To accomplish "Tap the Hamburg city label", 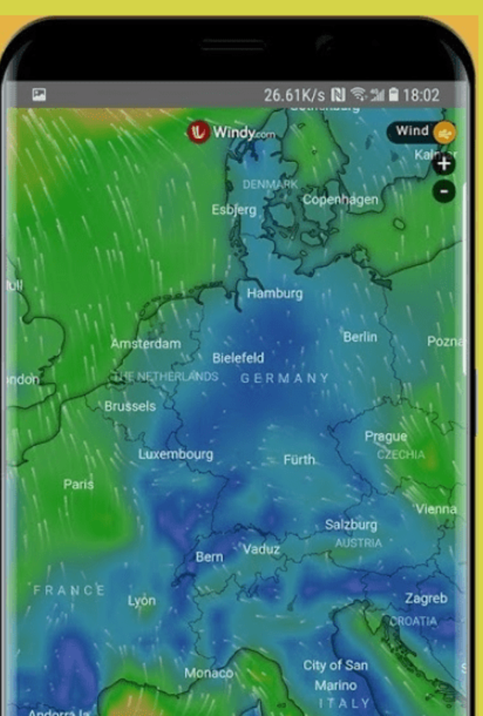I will point(275,294).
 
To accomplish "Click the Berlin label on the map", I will point(360,337).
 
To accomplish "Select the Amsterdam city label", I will point(146,343).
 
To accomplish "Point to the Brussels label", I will point(130,406).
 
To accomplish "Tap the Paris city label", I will point(79,484).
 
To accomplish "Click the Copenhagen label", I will point(341,200).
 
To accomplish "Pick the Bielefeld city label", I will point(238,358).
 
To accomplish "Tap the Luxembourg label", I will point(176,454).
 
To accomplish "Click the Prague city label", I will point(385,437).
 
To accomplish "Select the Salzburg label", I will point(351,525).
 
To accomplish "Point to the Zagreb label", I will point(426,598).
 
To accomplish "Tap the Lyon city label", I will point(142,601).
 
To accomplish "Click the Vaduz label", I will point(262,549).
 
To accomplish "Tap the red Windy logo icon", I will point(199,132).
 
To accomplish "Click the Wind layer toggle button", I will point(422,132).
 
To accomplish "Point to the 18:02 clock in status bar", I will point(421,96).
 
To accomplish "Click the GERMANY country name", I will point(285,378).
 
